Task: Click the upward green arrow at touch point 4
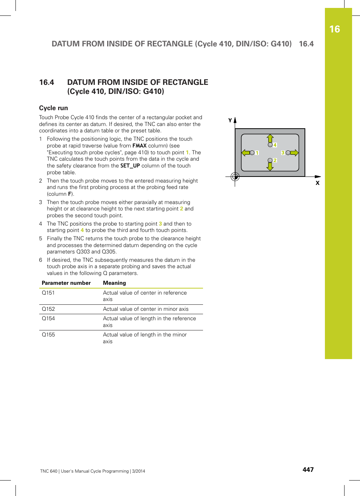pos(270,138)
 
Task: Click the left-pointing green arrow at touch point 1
pos(246,153)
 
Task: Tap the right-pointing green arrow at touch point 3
pos(294,153)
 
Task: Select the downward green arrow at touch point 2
pos(270,166)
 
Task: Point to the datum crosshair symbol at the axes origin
pos(235,177)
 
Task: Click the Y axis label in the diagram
pos(230,121)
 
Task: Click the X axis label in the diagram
pos(317,183)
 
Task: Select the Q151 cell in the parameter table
pos(48,293)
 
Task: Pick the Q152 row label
pos(48,309)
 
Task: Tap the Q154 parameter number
pos(48,318)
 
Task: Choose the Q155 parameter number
pos(48,335)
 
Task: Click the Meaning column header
pos(114,283)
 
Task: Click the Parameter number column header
pos(66,283)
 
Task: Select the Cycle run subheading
pos(54,108)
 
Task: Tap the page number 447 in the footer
pos(308,470)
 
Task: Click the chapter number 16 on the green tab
pos(334,29)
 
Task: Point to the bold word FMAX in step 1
pos(139,146)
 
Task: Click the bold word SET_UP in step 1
pos(130,166)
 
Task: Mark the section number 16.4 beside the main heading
pos(46,82)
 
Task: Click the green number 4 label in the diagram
pos(275,145)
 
